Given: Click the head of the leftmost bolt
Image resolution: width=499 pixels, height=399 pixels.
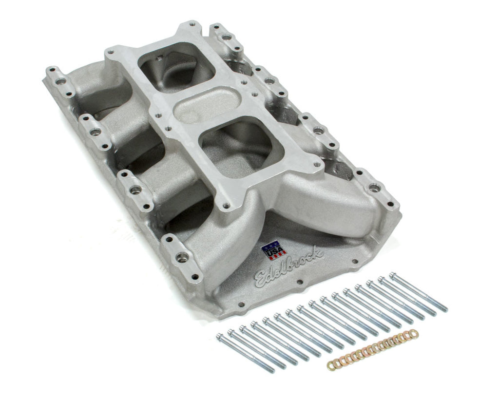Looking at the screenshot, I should [x=220, y=336].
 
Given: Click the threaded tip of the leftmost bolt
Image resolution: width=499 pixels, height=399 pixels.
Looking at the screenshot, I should [x=270, y=370].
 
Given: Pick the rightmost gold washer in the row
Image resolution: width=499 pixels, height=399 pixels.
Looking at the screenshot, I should [x=414, y=333].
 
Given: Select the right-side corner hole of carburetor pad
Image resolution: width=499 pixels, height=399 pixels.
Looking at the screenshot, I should [x=318, y=171].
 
